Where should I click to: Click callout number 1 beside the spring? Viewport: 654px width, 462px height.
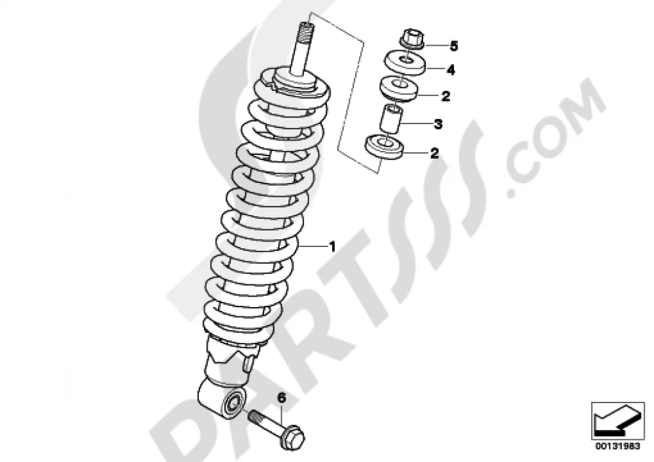(x=332, y=246)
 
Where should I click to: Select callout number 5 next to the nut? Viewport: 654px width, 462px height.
(x=454, y=46)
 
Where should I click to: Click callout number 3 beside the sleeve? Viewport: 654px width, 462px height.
(x=438, y=124)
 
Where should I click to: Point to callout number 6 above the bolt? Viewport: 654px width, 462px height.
(x=282, y=398)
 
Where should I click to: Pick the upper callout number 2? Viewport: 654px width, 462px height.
(x=445, y=96)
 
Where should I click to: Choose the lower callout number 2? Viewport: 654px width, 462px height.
(x=435, y=153)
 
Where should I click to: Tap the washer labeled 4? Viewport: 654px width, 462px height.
(x=405, y=62)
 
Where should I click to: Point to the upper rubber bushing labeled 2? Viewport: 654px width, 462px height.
(x=399, y=88)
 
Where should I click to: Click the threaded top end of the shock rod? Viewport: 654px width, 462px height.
(x=305, y=29)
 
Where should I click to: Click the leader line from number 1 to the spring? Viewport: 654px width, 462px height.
(x=313, y=246)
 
